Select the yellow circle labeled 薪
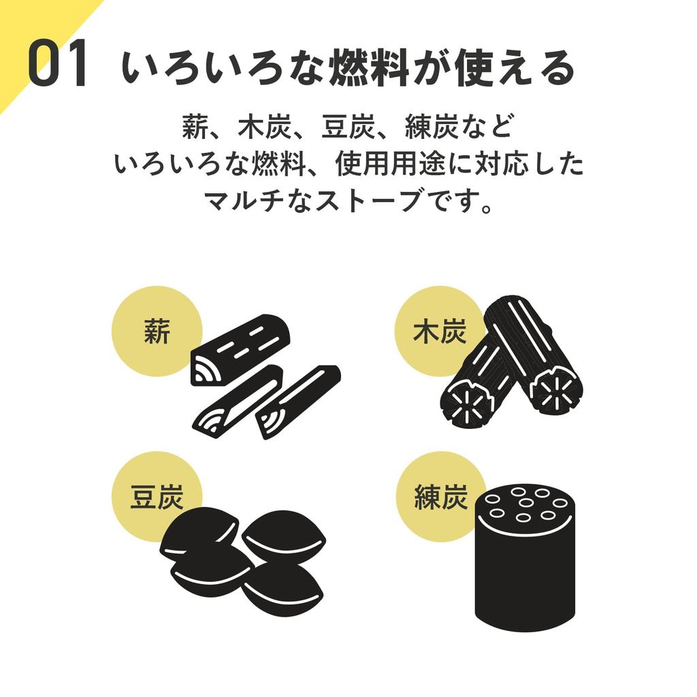157,331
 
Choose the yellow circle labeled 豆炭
157,497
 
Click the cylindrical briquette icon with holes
525,558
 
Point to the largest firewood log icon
240,350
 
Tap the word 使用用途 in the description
390,163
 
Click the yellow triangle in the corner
35,35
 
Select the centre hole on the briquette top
526,503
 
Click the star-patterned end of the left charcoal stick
468,404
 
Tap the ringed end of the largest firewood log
207,370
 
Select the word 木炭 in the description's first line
265,127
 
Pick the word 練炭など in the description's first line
459,127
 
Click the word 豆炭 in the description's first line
348,127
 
